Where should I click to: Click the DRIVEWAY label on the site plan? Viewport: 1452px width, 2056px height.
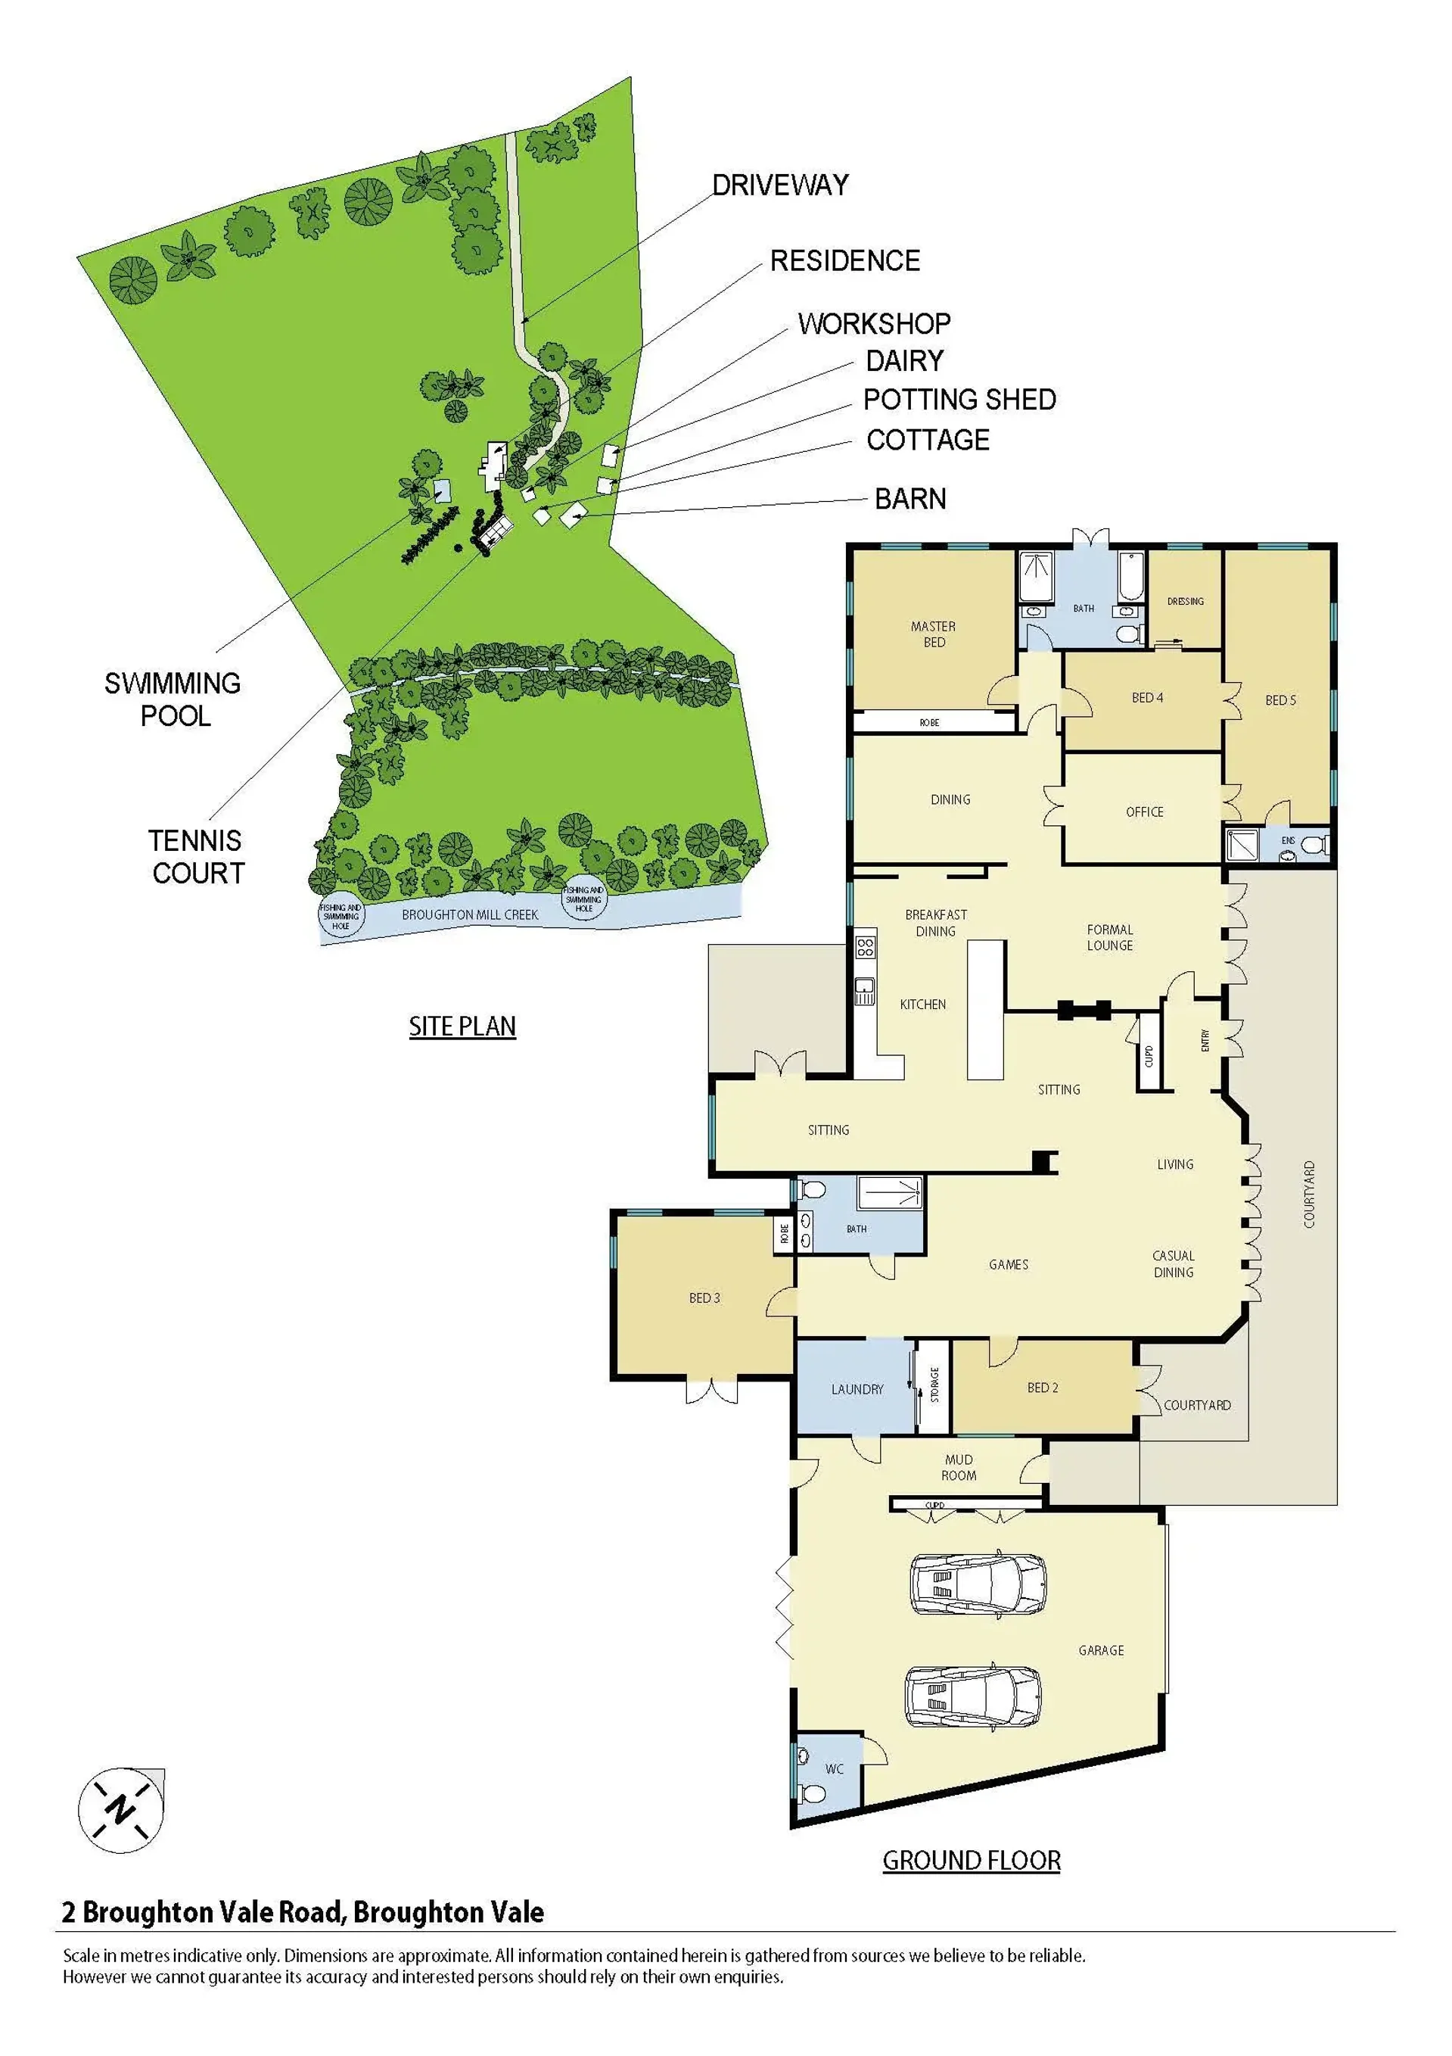[779, 185]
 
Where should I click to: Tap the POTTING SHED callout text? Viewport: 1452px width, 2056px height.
[959, 400]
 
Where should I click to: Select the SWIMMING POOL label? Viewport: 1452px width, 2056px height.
[173, 699]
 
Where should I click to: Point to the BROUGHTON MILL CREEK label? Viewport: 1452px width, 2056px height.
[470, 914]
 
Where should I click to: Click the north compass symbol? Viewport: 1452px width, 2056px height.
[121, 1811]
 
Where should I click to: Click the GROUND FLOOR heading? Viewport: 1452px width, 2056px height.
[972, 1861]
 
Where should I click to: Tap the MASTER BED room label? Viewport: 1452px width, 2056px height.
[934, 634]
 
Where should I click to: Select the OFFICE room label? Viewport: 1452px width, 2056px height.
[1144, 812]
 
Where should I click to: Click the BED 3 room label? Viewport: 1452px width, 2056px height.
[704, 1297]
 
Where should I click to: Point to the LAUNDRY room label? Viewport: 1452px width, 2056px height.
[857, 1389]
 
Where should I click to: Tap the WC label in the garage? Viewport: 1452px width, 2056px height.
[835, 1768]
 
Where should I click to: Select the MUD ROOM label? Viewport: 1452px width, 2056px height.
[959, 1468]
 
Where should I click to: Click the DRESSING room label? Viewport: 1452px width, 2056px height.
[1185, 601]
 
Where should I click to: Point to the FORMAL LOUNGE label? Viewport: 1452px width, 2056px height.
[1110, 938]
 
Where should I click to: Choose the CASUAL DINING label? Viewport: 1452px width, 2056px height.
[1174, 1263]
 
